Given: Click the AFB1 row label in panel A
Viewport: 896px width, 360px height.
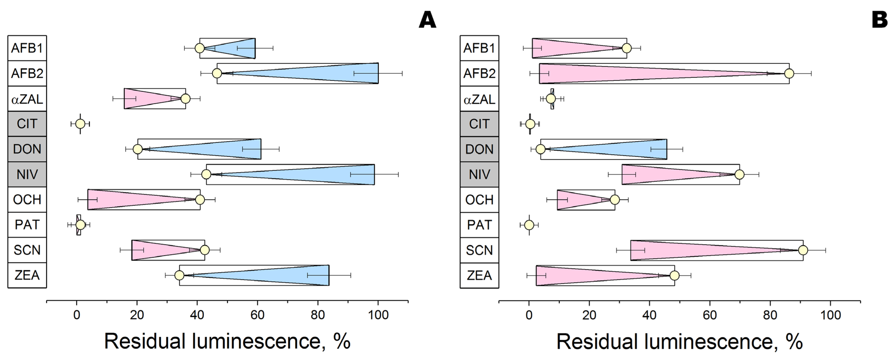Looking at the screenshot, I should [x=27, y=48].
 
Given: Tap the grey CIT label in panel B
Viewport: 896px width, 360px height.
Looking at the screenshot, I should [x=479, y=124].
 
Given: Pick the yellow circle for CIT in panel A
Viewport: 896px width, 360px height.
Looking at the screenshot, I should [x=80, y=124].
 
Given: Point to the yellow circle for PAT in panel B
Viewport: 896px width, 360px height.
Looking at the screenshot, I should [x=529, y=225].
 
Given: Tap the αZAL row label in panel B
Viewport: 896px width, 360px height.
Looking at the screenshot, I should [x=479, y=99].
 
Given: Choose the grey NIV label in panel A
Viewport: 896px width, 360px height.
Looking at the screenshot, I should [x=27, y=174].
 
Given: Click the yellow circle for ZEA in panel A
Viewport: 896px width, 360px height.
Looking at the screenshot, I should [x=179, y=275].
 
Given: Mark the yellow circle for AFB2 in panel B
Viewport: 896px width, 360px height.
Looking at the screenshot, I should [x=789, y=73].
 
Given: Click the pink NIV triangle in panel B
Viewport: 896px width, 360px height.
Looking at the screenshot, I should [x=661, y=174].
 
